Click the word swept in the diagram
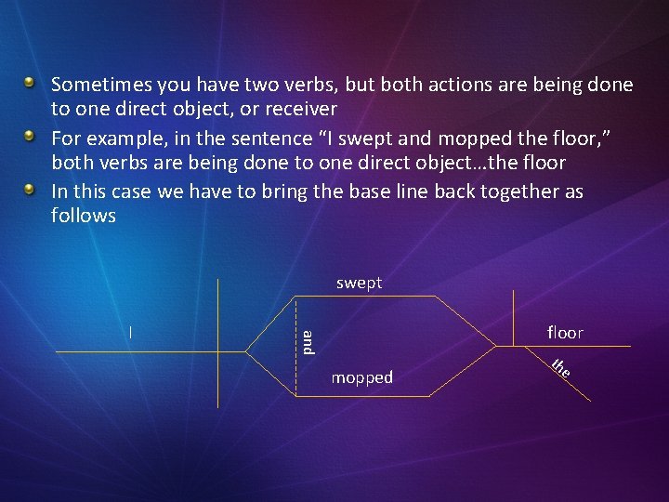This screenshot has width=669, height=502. pyautogui.click(x=359, y=283)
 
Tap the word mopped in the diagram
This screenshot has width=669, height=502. pyautogui.click(x=361, y=377)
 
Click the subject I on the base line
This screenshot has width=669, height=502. pyautogui.click(x=131, y=331)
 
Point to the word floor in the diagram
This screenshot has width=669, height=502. pyautogui.click(x=565, y=332)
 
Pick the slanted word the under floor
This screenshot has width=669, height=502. pyautogui.click(x=559, y=368)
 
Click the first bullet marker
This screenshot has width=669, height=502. pyautogui.click(x=30, y=83)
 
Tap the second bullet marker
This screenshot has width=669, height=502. pyautogui.click(x=30, y=136)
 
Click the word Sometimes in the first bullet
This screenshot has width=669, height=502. pyautogui.click(x=101, y=85)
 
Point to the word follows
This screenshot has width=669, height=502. pyautogui.click(x=84, y=216)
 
